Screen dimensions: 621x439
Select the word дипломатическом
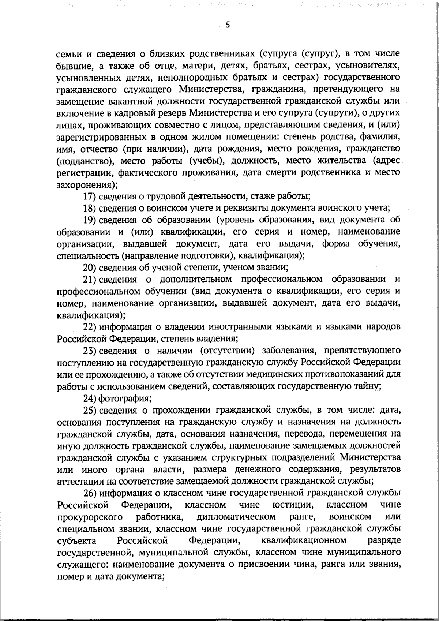tap(236, 517)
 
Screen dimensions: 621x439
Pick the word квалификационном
tap(304, 540)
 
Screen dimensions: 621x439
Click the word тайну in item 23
tap(369, 386)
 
